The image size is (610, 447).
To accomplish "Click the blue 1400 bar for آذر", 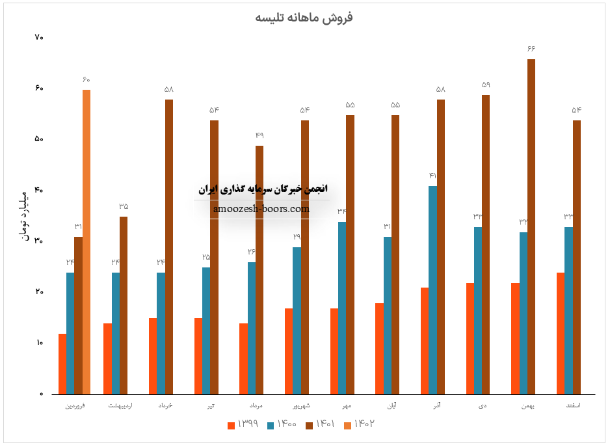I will click(x=432, y=290).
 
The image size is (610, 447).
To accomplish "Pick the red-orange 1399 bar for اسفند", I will click(x=561, y=332).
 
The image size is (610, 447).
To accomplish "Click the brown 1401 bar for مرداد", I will click(x=259, y=269).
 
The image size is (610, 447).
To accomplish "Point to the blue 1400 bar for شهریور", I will click(x=297, y=320).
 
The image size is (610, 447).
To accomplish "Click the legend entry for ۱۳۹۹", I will click(x=243, y=424).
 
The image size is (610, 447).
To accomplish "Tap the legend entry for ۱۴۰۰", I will click(x=282, y=424).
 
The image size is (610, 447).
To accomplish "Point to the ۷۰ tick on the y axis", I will click(x=38, y=38).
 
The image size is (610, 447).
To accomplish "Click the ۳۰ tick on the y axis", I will click(x=38, y=241).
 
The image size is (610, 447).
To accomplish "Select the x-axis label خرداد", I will click(x=165, y=405).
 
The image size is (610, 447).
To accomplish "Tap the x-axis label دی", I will click(x=482, y=405).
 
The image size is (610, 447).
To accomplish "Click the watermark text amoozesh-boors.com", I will click(x=261, y=209).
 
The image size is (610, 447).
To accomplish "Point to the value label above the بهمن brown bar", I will click(x=531, y=49).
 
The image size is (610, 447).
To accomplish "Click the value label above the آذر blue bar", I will click(x=432, y=176).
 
